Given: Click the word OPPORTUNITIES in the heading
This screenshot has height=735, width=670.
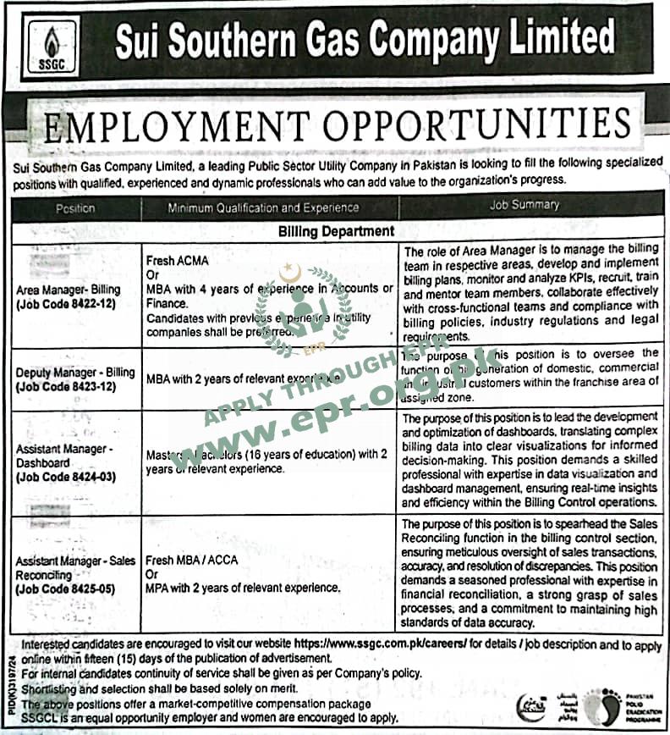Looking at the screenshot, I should coord(480,126).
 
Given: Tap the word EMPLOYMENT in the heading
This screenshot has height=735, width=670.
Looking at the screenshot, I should coord(179,126).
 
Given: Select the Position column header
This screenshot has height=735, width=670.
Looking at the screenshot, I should coord(76,208).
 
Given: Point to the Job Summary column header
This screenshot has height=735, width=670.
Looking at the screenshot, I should coord(524,205).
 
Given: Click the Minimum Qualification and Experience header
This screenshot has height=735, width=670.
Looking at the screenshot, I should coord(263,207).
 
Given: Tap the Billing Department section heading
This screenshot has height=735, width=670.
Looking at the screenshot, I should coord(335,230).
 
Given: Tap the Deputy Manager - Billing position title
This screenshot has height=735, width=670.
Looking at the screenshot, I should coord(74,372).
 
